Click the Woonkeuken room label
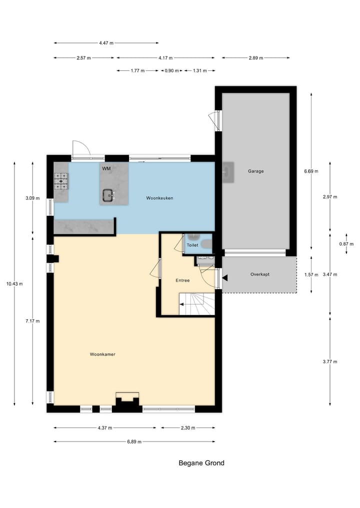click(x=159, y=198)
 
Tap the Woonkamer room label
click(x=102, y=354)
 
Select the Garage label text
click(x=255, y=171)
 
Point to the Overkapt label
click(x=259, y=275)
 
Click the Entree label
click(x=182, y=280)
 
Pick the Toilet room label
click(x=192, y=245)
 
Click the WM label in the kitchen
click(x=106, y=169)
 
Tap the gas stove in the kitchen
click(x=61, y=181)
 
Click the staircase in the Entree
click(x=197, y=304)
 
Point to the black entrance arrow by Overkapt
click(x=225, y=278)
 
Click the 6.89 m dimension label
click(x=134, y=442)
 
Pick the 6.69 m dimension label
click(x=311, y=171)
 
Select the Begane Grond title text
click(x=201, y=463)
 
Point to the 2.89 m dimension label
click(x=255, y=58)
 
